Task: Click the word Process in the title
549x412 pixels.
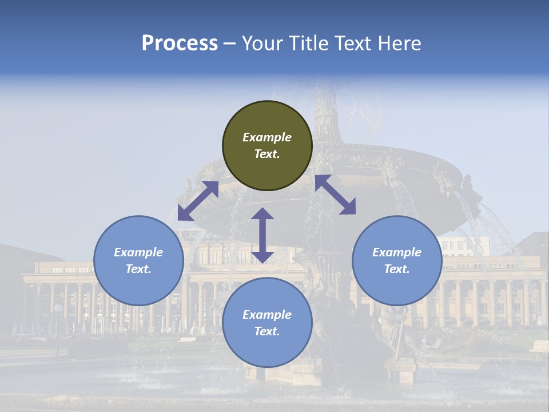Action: click(x=180, y=43)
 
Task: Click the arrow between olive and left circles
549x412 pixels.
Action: click(x=198, y=201)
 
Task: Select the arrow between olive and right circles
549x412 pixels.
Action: click(x=335, y=195)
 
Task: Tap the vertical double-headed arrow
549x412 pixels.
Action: click(x=262, y=235)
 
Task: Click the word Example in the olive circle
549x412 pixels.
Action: click(x=267, y=137)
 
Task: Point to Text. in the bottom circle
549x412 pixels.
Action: click(x=267, y=331)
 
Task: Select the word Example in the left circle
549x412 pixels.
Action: click(x=138, y=252)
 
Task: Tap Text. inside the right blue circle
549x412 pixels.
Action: click(x=397, y=269)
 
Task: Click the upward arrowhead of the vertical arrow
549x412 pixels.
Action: click(x=262, y=213)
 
